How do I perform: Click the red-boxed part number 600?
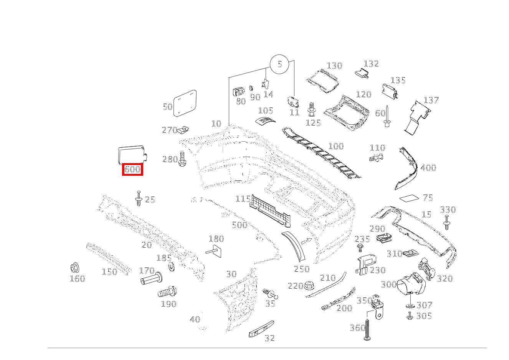coord(132,169)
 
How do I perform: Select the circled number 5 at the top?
coord(279,64)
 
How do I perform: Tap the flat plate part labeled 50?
coord(185,102)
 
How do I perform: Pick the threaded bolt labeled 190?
coord(167,292)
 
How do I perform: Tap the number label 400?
coord(428,168)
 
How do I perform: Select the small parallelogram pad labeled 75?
coord(410,198)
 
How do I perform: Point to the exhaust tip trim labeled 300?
coord(407,286)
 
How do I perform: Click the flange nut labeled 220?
coord(309,286)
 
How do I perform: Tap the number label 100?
coord(336,146)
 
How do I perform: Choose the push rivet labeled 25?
coord(139,198)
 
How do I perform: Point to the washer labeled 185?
coord(170,266)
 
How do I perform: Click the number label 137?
coord(431,100)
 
